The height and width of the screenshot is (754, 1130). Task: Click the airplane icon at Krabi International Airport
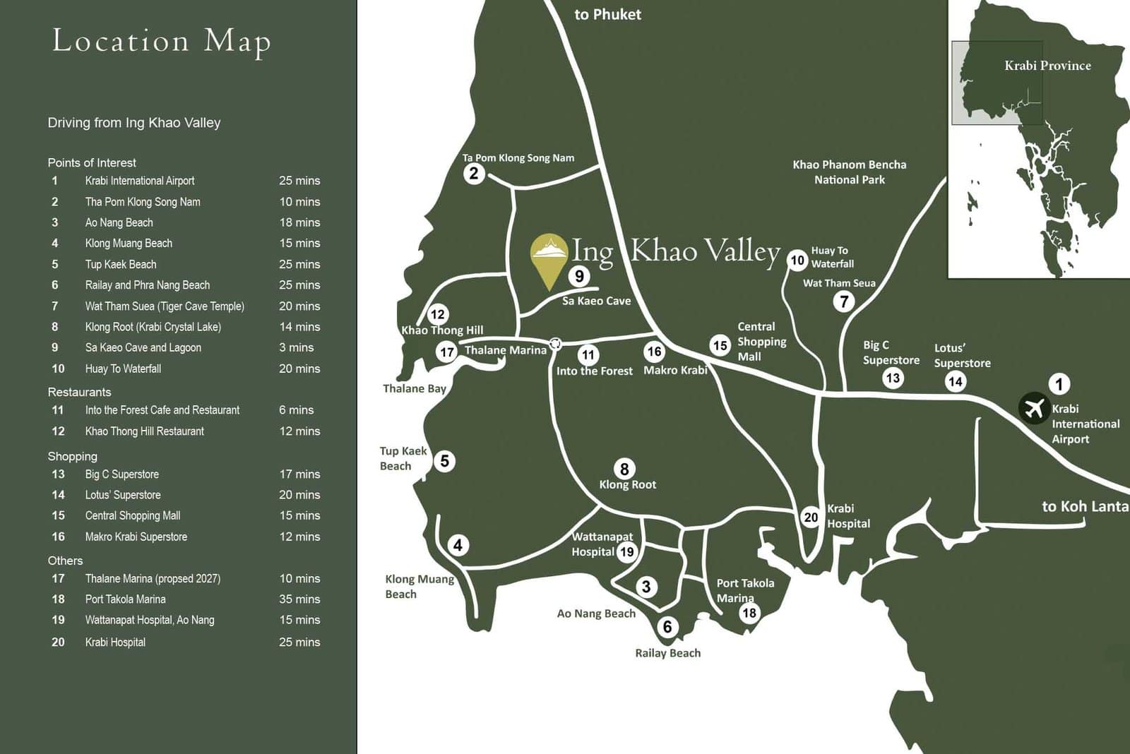click(x=1034, y=408)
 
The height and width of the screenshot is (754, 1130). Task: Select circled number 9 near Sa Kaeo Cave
click(x=579, y=276)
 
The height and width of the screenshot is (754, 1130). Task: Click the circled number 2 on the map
click(x=474, y=173)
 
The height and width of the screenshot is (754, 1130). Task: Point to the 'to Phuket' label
click(x=607, y=14)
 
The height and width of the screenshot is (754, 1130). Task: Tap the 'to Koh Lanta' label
click(x=1085, y=506)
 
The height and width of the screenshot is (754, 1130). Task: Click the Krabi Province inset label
click(x=1047, y=66)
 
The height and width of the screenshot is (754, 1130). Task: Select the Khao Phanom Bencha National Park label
click(x=849, y=172)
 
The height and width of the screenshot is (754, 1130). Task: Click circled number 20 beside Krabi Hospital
click(x=811, y=517)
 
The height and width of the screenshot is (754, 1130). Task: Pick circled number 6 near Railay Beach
click(x=667, y=626)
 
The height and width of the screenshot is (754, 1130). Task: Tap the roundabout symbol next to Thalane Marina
click(x=556, y=344)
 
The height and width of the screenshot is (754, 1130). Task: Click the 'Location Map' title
click(x=162, y=41)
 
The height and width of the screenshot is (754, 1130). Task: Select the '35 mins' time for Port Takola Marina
click(x=299, y=599)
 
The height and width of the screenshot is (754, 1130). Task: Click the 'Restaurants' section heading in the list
click(x=79, y=392)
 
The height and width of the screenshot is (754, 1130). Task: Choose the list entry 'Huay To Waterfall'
click(x=123, y=369)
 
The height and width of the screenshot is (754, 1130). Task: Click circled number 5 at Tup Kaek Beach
click(x=444, y=461)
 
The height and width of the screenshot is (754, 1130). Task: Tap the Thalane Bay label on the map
click(x=415, y=388)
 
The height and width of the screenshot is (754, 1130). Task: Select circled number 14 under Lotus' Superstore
click(x=956, y=382)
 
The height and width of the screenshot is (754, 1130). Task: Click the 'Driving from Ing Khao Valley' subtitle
click(x=134, y=123)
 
